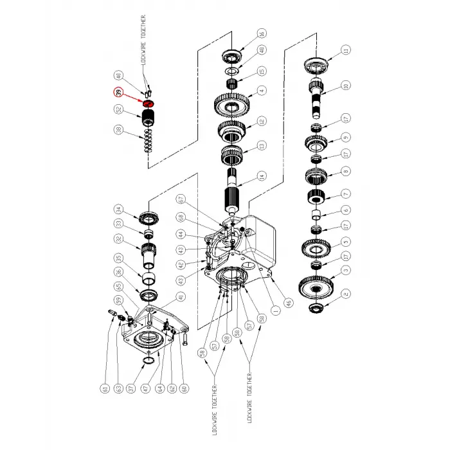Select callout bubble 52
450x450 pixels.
(118, 110)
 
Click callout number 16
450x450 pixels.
(261, 34)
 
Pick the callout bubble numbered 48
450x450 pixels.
(261, 51)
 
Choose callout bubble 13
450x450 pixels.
(261, 147)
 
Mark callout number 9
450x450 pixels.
(345, 137)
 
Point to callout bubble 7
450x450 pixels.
(345, 192)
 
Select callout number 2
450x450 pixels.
(345, 294)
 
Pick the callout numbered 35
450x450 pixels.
(118, 258)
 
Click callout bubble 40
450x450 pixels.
(118, 75)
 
